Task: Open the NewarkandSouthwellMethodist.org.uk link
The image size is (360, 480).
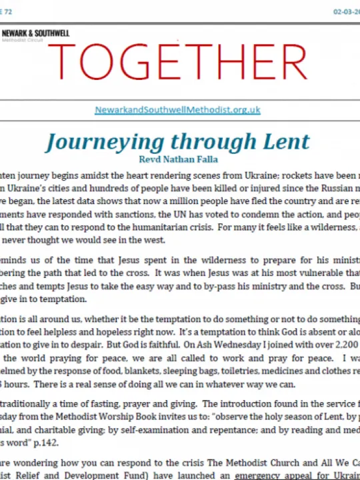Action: tap(177, 109)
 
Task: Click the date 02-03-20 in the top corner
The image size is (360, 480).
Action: tap(345, 12)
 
